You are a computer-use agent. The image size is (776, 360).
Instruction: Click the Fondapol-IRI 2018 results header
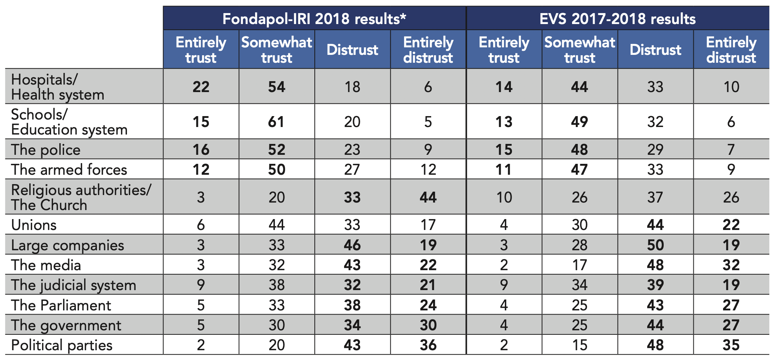click(x=314, y=19)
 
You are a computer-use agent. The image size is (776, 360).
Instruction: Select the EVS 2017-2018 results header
click(x=617, y=19)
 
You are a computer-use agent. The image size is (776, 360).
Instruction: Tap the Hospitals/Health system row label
click(x=58, y=87)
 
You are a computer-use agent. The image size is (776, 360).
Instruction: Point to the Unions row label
click(x=34, y=225)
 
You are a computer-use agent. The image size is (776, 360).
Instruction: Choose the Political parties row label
click(x=62, y=345)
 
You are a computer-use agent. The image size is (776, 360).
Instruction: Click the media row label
click(x=46, y=265)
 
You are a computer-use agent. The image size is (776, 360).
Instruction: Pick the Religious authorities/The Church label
click(x=81, y=197)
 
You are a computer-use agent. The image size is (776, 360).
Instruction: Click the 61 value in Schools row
click(x=276, y=122)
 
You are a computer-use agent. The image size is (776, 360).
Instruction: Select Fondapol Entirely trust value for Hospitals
click(x=201, y=87)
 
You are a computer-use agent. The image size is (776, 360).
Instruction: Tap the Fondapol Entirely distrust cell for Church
click(x=428, y=197)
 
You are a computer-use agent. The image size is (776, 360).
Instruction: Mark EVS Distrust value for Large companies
click(x=655, y=245)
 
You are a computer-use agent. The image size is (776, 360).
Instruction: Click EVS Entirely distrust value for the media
click(x=731, y=265)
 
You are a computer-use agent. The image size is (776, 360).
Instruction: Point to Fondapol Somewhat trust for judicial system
click(x=276, y=285)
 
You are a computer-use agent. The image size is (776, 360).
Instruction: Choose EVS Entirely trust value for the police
click(x=504, y=150)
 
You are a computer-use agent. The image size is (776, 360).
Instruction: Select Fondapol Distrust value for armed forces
click(x=352, y=169)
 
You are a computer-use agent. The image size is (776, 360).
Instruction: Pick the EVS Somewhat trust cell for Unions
click(x=580, y=225)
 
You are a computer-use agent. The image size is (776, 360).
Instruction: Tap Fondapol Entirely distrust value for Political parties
click(x=428, y=345)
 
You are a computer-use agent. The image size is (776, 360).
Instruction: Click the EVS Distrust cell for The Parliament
click(x=655, y=305)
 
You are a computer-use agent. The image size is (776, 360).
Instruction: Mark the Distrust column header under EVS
click(x=655, y=50)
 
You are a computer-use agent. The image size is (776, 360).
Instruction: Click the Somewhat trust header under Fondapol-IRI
click(x=276, y=50)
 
